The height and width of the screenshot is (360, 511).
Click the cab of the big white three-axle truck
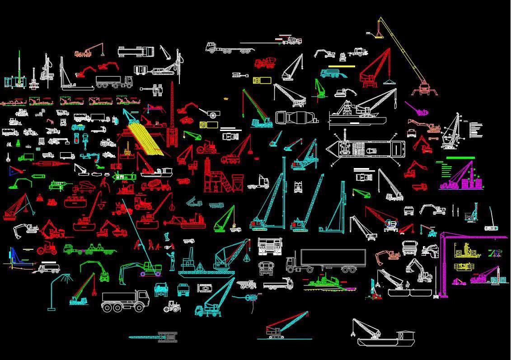point(141,299)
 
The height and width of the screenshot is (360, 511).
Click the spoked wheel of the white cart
point(213,116)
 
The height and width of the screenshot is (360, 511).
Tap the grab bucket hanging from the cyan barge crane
point(247,258)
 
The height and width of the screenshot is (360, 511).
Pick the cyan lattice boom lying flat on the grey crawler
point(154,337)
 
